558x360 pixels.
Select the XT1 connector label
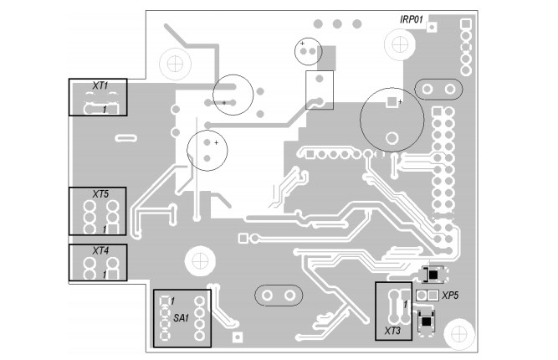click(100, 86)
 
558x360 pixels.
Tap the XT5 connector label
click(101, 194)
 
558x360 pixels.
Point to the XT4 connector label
click(100, 250)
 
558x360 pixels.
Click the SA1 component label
click(182, 318)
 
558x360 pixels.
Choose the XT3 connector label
click(393, 332)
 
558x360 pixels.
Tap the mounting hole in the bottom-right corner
click(459, 333)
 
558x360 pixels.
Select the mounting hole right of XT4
click(199, 260)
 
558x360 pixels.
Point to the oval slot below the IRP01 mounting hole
click(437, 88)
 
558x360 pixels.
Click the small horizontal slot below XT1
click(126, 136)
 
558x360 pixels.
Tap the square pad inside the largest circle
click(391, 102)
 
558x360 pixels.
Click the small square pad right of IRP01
click(433, 26)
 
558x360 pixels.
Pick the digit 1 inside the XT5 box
click(105, 228)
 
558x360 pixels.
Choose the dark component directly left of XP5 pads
click(434, 274)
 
